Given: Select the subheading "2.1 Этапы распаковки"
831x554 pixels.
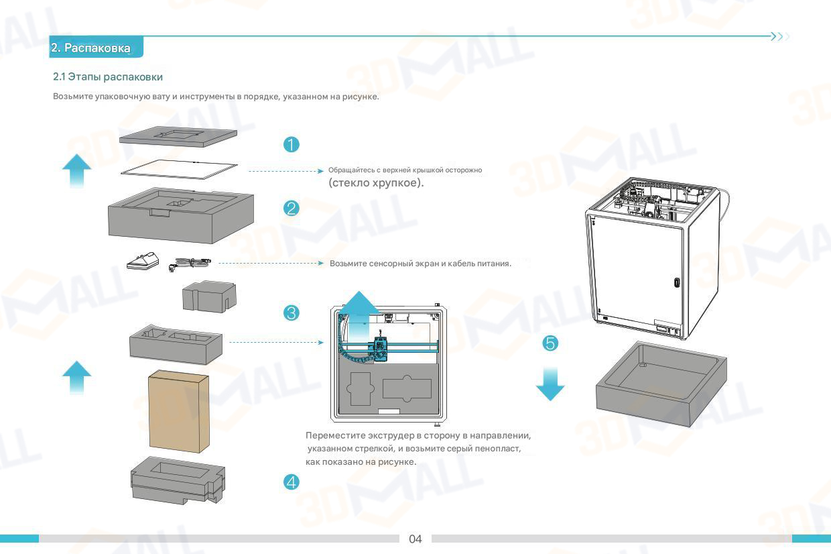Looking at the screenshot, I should click(108, 77).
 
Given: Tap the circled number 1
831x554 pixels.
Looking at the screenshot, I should click(291, 144).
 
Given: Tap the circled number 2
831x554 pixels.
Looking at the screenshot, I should click(291, 208).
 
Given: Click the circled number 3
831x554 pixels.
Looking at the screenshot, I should click(291, 313).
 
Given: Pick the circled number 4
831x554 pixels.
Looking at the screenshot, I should click(291, 482).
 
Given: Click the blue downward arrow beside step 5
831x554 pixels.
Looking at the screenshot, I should click(550, 384).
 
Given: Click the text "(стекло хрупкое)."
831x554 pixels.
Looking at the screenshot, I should click(376, 182).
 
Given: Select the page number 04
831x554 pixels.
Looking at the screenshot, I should click(415, 539).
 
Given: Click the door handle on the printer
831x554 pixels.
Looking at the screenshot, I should click(676, 282).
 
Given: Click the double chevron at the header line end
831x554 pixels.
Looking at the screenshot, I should click(779, 36).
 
